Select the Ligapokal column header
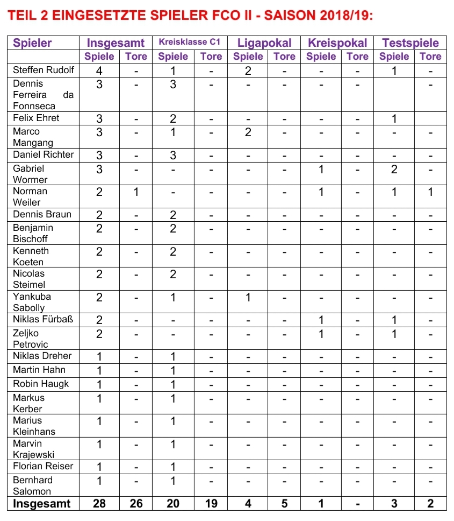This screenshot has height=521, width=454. point(264,43)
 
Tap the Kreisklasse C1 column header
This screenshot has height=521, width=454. point(190,42)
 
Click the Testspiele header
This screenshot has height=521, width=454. point(410,43)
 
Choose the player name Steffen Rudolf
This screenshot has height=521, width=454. point(44,70)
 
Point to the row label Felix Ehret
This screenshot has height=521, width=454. point(36,118)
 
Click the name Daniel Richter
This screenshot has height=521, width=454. point(44,154)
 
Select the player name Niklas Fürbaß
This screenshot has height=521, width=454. point(43,319)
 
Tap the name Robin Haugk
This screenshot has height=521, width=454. point(41,384)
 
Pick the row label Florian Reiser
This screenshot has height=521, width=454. point(43,466)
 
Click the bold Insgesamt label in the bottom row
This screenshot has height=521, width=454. point(42,504)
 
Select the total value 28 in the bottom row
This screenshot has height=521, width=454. point(99,504)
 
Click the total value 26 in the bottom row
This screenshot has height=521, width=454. point(136,504)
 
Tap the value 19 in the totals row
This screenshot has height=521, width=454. point(211,504)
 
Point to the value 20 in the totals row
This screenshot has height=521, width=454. point(173,504)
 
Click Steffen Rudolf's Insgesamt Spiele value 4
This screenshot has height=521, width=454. point(99,71)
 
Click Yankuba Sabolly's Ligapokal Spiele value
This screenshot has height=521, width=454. point(248,297)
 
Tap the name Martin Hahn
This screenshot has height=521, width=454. point(39,370)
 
